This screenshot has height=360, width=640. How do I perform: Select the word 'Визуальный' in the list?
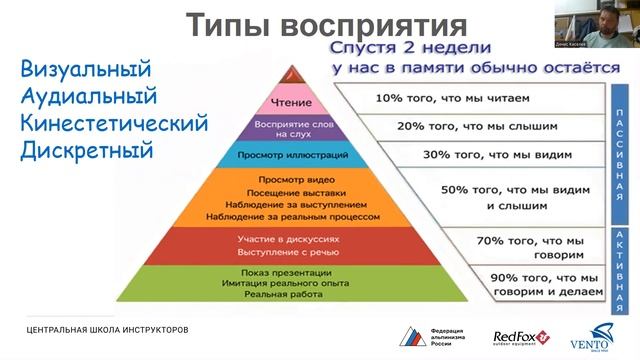tap(85, 70)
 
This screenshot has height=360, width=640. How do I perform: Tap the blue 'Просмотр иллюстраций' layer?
tap(291, 155)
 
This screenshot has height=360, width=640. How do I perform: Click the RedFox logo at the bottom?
tap(521, 338)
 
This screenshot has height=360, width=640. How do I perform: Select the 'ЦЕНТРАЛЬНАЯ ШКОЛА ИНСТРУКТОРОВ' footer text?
tap(107, 330)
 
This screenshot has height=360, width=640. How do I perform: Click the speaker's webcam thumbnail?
tap(594, 26)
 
